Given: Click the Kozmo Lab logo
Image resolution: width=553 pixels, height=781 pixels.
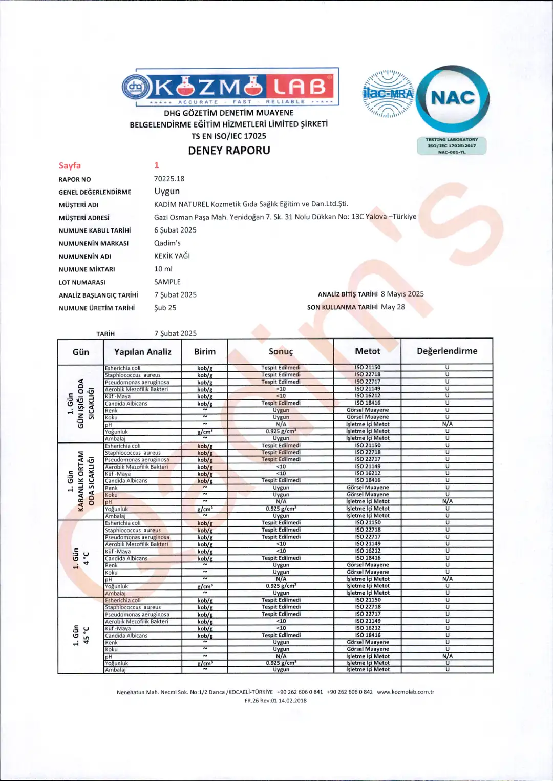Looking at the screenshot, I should pyautogui.click(x=230, y=87).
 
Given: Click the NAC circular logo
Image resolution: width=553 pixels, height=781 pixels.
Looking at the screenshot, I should pyautogui.click(x=453, y=98).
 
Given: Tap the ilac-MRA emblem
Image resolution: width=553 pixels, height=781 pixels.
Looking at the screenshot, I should pyautogui.click(x=388, y=94).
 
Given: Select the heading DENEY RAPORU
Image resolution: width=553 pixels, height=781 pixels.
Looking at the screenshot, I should pyautogui.click(x=229, y=151).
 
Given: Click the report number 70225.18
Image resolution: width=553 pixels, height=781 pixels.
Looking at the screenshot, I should pyautogui.click(x=169, y=179).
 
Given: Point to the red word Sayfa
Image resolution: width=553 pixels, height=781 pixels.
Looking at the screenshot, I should pyautogui.click(x=70, y=165).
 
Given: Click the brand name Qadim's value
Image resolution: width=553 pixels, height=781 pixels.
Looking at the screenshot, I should pyautogui.click(x=167, y=243).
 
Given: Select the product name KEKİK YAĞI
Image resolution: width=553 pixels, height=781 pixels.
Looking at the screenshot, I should pyautogui.click(x=172, y=256).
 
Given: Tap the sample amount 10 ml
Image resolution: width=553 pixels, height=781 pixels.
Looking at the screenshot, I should pyautogui.click(x=163, y=269).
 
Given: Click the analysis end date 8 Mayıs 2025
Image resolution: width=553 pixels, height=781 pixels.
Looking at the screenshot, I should pyautogui.click(x=402, y=294).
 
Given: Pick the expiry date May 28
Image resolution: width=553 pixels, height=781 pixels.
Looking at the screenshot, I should pyautogui.click(x=393, y=307).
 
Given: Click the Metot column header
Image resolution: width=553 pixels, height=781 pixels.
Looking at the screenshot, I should pyautogui.click(x=368, y=351).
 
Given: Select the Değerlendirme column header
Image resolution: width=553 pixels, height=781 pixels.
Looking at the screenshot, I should pyautogui.click(x=447, y=351).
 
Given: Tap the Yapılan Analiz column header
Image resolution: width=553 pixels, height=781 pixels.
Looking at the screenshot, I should pyautogui.click(x=143, y=352).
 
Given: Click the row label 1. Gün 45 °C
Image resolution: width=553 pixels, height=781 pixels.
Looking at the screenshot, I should pyautogui.click(x=81, y=635).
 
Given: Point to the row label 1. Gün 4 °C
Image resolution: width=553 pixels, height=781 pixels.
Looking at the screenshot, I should pyautogui.click(x=81, y=558).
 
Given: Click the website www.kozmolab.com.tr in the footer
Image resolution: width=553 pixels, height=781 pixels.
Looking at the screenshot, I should pyautogui.click(x=406, y=692).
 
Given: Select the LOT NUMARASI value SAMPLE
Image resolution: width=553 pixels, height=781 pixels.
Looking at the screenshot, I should pyautogui.click(x=167, y=282).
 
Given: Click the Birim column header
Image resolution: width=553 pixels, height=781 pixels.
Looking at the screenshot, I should pyautogui.click(x=205, y=352).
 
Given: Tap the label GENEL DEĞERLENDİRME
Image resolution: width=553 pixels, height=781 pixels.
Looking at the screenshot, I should pyautogui.click(x=95, y=192).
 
